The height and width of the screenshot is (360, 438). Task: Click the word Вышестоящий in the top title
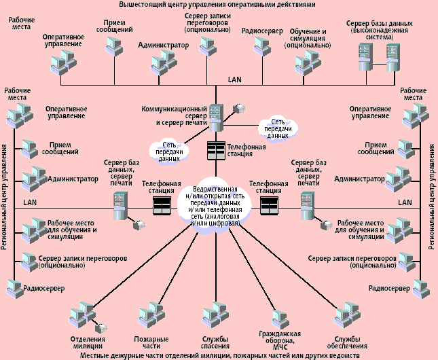point(141,5)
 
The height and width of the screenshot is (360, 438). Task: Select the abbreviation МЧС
point(280,348)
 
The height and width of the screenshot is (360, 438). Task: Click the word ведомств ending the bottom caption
point(344,355)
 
